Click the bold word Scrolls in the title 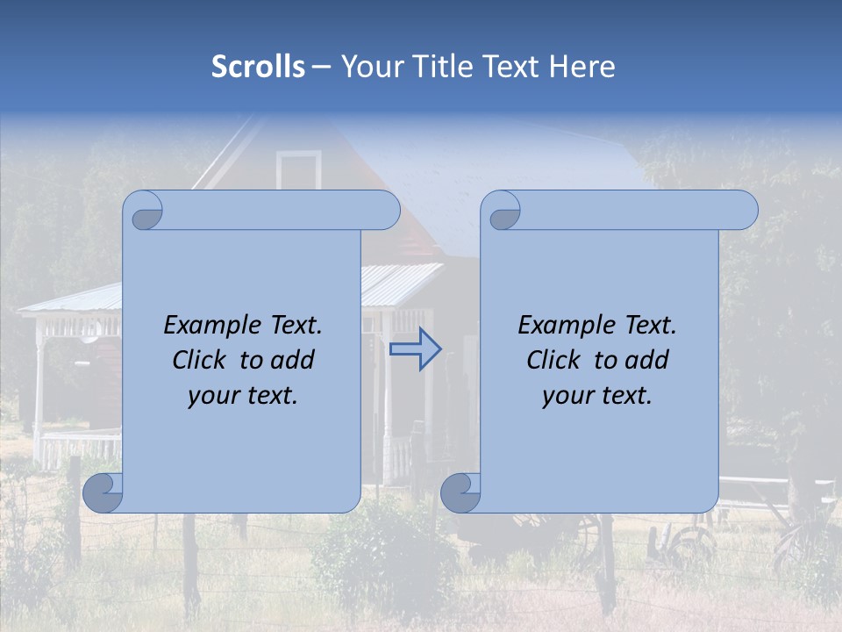pos(259,67)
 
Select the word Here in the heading pos(582,67)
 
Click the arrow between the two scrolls pos(415,349)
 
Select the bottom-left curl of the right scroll pos(460,492)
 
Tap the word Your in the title pos(367,67)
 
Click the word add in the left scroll pos(293,360)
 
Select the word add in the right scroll pos(647,360)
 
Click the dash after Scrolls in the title pos(321,67)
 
